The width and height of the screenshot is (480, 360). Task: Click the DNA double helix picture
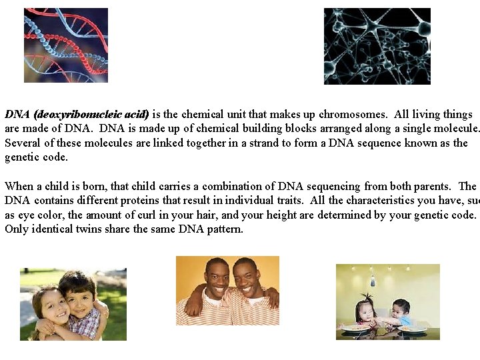(x=66, y=45)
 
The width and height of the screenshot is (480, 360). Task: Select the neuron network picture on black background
(x=377, y=46)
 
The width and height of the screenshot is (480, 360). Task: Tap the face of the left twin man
(x=217, y=278)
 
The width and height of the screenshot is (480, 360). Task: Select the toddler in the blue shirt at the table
(x=400, y=312)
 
